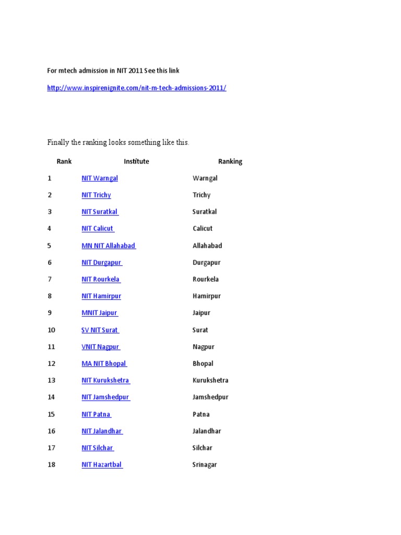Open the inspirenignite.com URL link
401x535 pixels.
pyautogui.click(x=136, y=88)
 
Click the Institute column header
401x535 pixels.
pyautogui.click(x=136, y=161)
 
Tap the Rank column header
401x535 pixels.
pyautogui.click(x=64, y=161)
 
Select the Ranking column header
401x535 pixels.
pyautogui.click(x=230, y=161)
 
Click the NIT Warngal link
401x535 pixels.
pyautogui.click(x=100, y=178)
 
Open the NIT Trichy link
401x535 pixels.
pyautogui.click(x=96, y=195)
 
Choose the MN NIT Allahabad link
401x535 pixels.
pyautogui.click(x=109, y=246)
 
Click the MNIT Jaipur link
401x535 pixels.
pyautogui.click(x=100, y=313)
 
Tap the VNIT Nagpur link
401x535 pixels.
pyautogui.click(x=101, y=347)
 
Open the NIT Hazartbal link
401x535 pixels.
pyautogui.click(x=102, y=464)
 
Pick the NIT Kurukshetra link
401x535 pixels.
pyautogui.click(x=105, y=380)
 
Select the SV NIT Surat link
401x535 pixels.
pyautogui.click(x=100, y=330)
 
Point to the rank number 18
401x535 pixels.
pyautogui.click(x=51, y=464)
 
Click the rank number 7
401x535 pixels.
pyautogui.click(x=50, y=280)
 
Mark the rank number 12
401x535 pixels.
pyautogui.click(x=51, y=364)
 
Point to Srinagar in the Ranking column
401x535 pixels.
pyautogui.click(x=205, y=464)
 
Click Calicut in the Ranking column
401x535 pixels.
pyautogui.click(x=203, y=228)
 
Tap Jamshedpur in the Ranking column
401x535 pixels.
pyautogui.click(x=210, y=397)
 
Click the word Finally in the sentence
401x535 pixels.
pyautogui.click(x=58, y=142)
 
